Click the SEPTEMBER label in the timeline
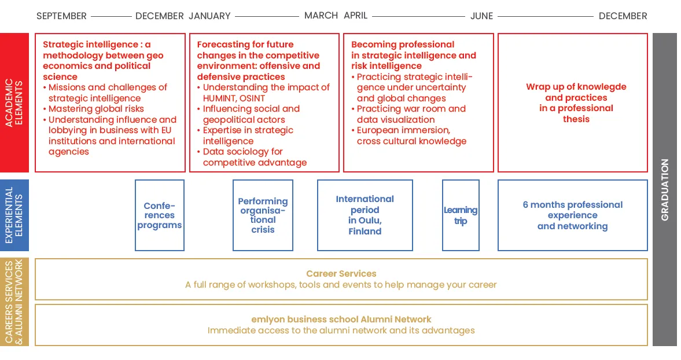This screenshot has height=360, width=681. pos(61,16)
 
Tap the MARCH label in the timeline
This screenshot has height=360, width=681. pos(321,16)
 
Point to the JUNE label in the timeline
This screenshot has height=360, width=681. pos(481,16)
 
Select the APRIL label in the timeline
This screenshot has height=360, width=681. pos(356,16)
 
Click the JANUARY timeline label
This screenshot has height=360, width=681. pos(209,16)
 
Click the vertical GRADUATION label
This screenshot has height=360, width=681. pos(665,189)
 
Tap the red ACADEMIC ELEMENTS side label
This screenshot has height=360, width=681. pos(14,103)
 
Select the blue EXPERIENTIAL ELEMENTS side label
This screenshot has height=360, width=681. pos(14,215)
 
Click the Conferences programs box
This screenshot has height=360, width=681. pos(160,215)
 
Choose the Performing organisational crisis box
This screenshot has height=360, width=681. pos(263,215)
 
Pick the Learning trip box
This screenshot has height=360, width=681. pos(461,215)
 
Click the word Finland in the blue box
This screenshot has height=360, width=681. pos(365,232)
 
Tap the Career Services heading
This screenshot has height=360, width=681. pos(341,274)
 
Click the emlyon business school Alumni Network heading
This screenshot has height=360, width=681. pos(341,319)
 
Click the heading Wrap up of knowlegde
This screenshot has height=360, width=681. pos(576,87)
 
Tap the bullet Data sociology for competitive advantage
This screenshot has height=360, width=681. pos(255,157)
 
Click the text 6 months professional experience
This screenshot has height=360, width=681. pos(573,210)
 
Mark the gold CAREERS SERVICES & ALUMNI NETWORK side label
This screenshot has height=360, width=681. pos(14,302)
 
